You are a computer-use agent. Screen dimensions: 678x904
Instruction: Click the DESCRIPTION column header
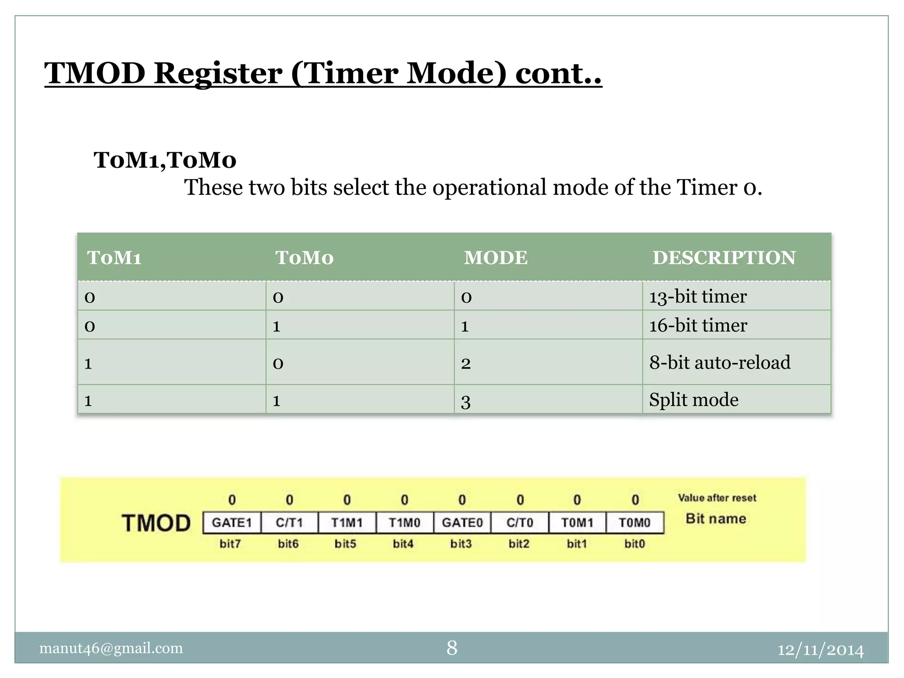point(724,258)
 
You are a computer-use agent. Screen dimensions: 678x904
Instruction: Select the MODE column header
point(496,258)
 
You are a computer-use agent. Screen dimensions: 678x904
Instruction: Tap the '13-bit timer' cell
point(698,296)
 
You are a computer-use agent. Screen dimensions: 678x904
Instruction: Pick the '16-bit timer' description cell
point(698,325)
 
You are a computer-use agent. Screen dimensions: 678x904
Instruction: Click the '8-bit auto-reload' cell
point(719,362)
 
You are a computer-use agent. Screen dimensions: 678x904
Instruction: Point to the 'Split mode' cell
point(693,400)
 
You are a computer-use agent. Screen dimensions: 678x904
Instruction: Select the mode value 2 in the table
point(466,363)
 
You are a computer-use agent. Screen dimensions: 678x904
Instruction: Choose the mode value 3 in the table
point(466,401)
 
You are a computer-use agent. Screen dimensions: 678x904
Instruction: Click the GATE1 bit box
point(232,523)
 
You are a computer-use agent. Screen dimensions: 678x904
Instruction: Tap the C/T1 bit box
point(290,523)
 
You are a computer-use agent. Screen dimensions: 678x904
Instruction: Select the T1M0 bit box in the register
point(405,523)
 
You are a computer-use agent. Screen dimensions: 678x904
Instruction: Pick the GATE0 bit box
point(462,523)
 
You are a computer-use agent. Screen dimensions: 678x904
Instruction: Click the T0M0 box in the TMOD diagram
point(635,523)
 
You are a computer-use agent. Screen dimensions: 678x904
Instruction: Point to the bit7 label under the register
point(230,544)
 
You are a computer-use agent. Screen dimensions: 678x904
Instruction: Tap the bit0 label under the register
point(635,544)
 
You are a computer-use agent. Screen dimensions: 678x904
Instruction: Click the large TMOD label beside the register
point(156,524)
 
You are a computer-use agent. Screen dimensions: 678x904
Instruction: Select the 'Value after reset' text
point(717,498)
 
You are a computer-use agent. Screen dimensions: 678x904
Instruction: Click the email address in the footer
point(111,648)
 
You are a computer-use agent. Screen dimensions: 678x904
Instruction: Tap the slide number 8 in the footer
point(452,648)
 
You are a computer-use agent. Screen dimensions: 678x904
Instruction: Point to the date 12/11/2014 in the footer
point(820,650)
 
